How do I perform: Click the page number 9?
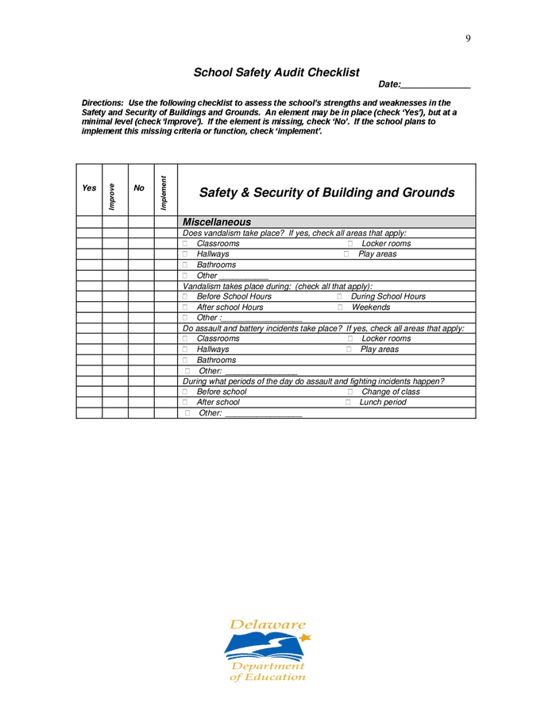click(x=468, y=38)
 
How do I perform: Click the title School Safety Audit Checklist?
click(x=276, y=72)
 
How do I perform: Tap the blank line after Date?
click(x=436, y=84)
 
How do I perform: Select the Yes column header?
click(x=89, y=188)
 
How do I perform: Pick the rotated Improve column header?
click(x=112, y=196)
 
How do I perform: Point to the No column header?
click(x=139, y=188)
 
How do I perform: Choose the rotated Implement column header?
click(x=164, y=193)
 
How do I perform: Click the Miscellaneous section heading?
click(x=217, y=222)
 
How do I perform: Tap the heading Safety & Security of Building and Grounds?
click(x=326, y=193)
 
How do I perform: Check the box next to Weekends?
click(x=340, y=307)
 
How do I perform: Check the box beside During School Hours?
click(x=340, y=296)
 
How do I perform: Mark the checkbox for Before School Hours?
click(x=186, y=296)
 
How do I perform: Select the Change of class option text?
click(x=391, y=392)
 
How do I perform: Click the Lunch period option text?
click(x=382, y=403)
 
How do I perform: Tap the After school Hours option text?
click(x=230, y=307)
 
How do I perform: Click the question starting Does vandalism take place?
click(x=294, y=233)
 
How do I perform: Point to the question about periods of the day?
click(x=313, y=381)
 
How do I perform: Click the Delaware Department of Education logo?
click(x=268, y=651)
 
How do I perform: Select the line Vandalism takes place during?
click(x=277, y=286)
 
